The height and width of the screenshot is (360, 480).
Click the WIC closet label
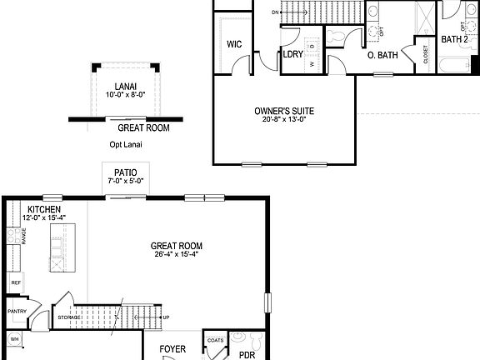[234, 45]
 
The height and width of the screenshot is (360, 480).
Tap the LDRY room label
[292, 55]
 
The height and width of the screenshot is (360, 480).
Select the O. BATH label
[383, 56]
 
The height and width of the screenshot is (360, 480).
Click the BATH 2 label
[453, 39]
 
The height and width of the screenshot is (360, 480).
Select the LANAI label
[126, 86]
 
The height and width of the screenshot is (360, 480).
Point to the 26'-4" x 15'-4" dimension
[177, 254]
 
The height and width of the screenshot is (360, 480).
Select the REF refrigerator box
[16, 283]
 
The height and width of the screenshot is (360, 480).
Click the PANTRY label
[17, 312]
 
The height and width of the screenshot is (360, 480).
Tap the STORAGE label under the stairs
[70, 317]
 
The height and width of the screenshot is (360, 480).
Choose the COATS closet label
[215, 339]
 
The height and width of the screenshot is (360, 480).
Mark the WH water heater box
[14, 339]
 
